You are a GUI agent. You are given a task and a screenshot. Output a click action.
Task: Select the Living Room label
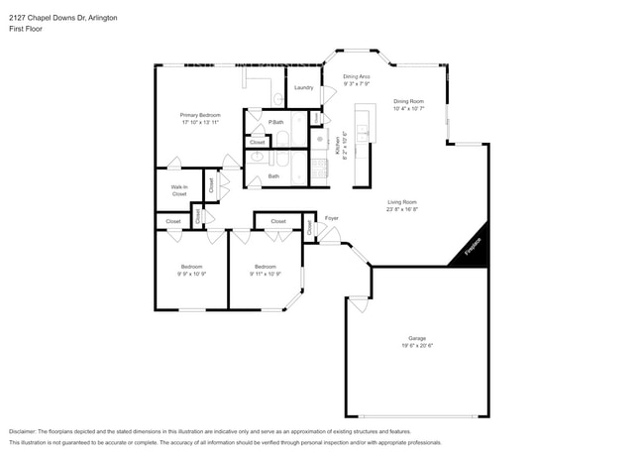coord(401,201)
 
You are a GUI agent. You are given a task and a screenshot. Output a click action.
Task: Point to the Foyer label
coord(332,217)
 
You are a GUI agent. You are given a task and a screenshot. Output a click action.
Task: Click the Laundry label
coord(303,87)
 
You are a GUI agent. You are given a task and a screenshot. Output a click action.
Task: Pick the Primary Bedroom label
coord(200,115)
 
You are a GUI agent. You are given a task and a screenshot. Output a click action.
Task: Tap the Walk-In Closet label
coord(179,190)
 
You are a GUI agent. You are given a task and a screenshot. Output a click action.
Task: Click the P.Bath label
coord(276,122)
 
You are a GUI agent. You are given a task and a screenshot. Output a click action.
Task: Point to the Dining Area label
coord(356,76)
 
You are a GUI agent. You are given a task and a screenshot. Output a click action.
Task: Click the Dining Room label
coord(408,100)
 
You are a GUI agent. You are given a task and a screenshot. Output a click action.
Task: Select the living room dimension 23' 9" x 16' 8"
coord(401,209)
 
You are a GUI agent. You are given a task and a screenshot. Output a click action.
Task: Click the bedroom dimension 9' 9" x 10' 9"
coord(192,274)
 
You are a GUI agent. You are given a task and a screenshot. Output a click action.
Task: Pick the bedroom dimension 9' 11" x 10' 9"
coord(266,274)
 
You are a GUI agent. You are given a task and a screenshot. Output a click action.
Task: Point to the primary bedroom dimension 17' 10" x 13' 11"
coord(200,123)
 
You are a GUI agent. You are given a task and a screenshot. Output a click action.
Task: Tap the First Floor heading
coord(24,17)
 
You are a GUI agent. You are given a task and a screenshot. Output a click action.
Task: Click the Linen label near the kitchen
coord(315,118)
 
